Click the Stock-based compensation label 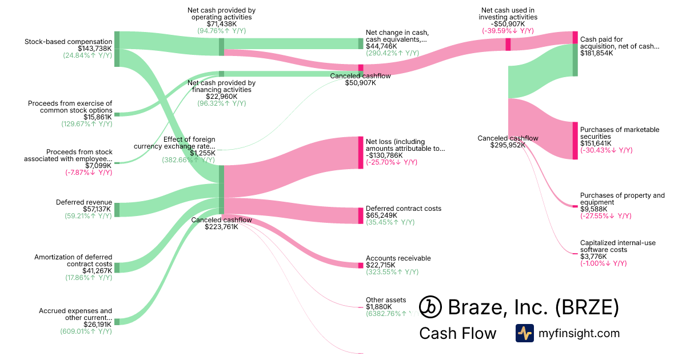(x=68, y=42)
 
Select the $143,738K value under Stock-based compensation (x=87, y=49)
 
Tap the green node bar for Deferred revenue (x=117, y=210)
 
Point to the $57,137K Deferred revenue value (x=89, y=209)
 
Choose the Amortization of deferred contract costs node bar (x=117, y=267)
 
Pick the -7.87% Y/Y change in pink (x=89, y=172)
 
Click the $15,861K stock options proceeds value (x=98, y=117)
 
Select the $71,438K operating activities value (x=221, y=25)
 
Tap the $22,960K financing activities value (x=221, y=96)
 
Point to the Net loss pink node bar (x=361, y=152)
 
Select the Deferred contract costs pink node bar (x=361, y=215)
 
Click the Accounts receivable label (x=398, y=258)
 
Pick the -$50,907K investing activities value (x=508, y=25)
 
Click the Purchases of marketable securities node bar (x=575, y=141)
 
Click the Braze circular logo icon (x=430, y=307)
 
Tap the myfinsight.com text (x=579, y=333)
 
